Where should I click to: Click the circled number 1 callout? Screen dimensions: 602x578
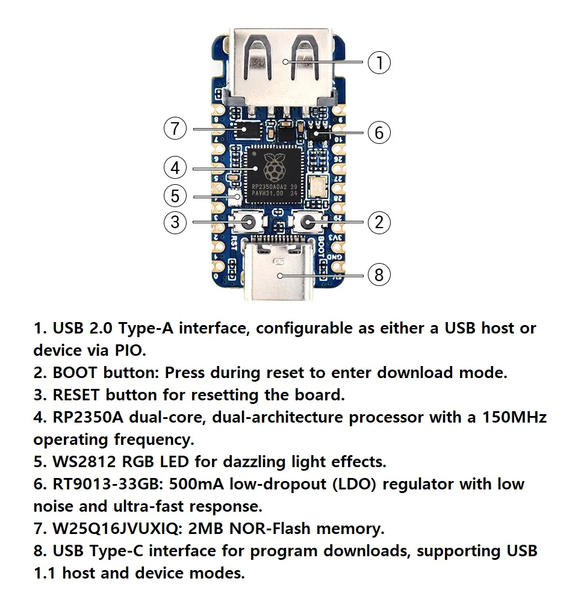(379, 63)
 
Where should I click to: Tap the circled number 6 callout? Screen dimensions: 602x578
(379, 132)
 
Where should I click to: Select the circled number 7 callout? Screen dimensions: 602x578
(175, 128)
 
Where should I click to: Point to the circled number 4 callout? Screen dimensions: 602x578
(175, 167)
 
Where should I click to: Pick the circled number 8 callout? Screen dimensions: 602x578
(379, 275)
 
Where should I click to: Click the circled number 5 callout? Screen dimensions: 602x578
(175, 196)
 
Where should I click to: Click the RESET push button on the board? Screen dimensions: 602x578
(247, 223)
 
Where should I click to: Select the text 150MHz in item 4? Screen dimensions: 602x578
(515, 417)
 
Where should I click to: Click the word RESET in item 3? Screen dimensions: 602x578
(77, 395)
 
